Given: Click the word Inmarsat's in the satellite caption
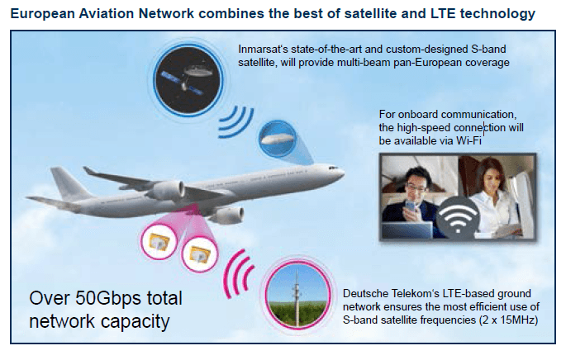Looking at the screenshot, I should coord(260,49).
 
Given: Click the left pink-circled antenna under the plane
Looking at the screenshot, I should coord(156,240).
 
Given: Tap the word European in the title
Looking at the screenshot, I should coord(40,13).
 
